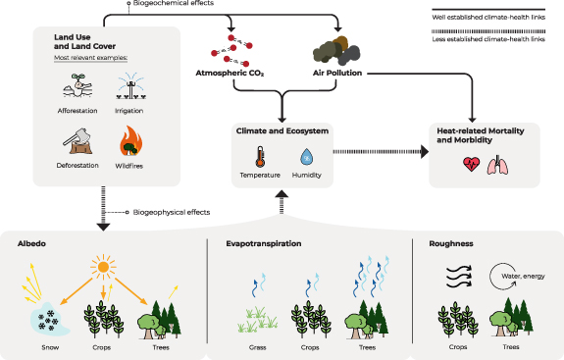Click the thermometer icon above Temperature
260,156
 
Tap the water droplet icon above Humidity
306,156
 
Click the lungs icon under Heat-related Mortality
499,166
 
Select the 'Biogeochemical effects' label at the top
169,4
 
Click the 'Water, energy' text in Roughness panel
525,278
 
